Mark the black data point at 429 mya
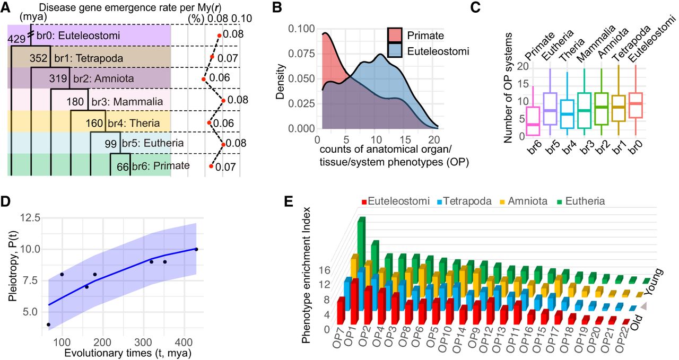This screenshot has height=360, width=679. tap(196, 249)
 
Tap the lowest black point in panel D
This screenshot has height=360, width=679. tap(49, 324)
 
